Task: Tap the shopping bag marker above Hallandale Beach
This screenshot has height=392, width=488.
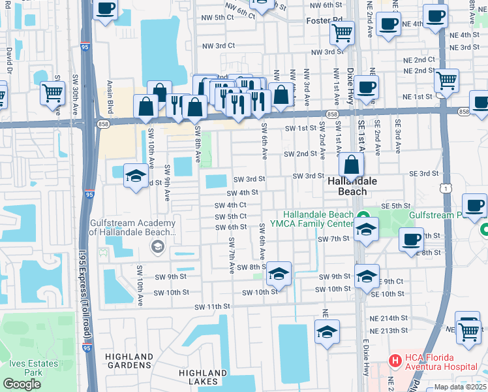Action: coord(352,167)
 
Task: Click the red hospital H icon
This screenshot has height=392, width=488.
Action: coord(394,360)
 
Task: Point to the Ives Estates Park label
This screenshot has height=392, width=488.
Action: coord(25,367)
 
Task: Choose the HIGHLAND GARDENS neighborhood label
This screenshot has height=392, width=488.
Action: coord(129,361)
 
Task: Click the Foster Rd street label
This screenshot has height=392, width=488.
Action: coord(324,21)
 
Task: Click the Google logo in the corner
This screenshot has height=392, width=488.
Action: coord(22,384)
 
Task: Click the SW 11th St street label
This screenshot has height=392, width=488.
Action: coord(213,306)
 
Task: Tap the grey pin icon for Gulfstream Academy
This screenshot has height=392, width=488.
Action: coord(157,246)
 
